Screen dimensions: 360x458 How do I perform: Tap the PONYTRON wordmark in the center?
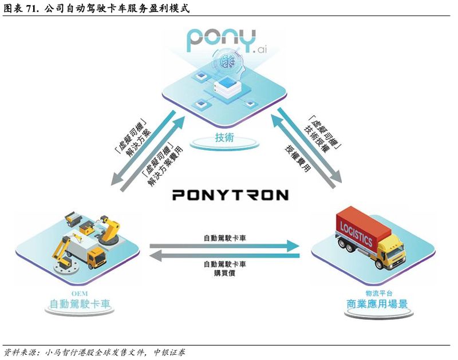coord(230,195)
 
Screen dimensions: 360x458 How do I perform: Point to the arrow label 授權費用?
coord(298,165)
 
